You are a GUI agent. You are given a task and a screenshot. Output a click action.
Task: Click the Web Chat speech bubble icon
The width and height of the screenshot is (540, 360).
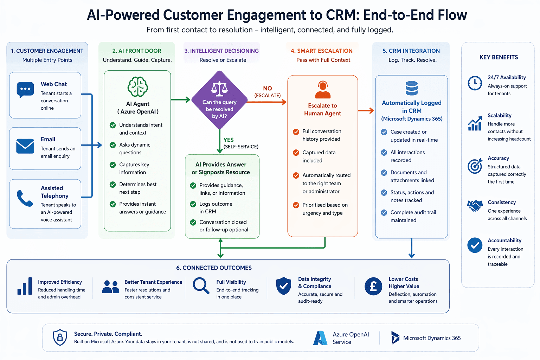[x=25, y=89]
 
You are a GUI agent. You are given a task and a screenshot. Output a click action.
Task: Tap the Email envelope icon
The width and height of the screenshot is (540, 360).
[x=25, y=146]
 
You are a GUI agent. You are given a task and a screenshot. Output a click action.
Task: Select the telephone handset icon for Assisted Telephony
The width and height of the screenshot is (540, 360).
[x=25, y=198]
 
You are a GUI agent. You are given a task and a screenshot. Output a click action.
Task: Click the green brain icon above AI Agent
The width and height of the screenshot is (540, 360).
[x=137, y=86]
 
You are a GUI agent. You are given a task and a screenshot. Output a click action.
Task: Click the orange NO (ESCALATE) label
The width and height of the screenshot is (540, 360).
[x=268, y=91]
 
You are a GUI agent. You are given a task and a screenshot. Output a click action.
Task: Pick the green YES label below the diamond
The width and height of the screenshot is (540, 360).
[x=229, y=140]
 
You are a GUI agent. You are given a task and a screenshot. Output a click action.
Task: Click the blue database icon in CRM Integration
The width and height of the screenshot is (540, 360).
[x=412, y=88]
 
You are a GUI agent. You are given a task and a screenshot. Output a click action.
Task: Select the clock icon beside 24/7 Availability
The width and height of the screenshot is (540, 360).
[x=475, y=83]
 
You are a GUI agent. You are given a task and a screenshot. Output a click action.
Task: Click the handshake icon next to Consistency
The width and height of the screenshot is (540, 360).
[x=475, y=206]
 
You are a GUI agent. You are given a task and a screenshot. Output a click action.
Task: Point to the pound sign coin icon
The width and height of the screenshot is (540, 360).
[x=373, y=286]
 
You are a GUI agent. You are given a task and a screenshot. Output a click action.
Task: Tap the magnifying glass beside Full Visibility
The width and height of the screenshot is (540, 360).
[x=201, y=285]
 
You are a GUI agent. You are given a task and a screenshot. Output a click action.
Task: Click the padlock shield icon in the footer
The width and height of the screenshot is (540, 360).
[x=60, y=337]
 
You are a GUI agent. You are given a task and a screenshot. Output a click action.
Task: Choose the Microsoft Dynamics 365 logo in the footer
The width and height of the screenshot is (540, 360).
[x=395, y=337]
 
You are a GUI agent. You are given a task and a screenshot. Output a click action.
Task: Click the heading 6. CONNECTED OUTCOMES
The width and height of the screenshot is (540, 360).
[x=214, y=268]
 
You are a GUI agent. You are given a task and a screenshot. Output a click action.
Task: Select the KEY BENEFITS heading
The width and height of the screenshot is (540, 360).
[x=499, y=57]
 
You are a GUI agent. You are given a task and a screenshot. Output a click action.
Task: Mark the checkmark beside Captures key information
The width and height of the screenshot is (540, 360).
[x=113, y=165]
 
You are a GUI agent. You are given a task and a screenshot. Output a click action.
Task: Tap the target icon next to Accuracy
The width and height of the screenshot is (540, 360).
[x=475, y=166]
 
